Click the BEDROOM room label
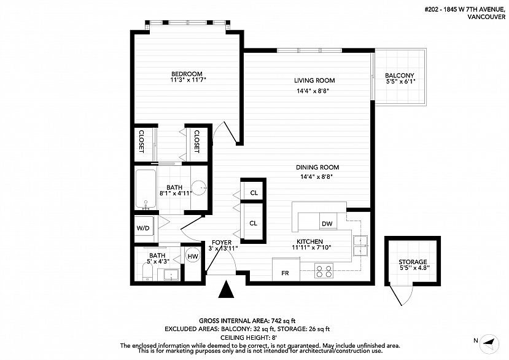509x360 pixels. [187, 74]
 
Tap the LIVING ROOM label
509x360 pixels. [314, 80]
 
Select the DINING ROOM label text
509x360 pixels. [317, 167]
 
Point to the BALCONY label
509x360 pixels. [400, 76]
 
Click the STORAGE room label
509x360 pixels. [413, 262]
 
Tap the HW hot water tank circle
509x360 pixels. [193, 256]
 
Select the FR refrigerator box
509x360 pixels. [286, 269]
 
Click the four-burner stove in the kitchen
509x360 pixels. [324, 271]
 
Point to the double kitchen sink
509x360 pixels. [360, 246]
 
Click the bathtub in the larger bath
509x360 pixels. [146, 189]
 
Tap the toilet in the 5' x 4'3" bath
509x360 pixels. [147, 272]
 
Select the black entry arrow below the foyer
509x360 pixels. [227, 289]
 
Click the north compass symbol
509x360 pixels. [489, 344]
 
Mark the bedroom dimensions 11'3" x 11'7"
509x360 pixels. [188, 80]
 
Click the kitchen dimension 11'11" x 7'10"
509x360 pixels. [311, 248]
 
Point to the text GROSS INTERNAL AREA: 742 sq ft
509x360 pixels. [247, 321]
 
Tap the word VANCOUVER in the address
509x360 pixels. [486, 17]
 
